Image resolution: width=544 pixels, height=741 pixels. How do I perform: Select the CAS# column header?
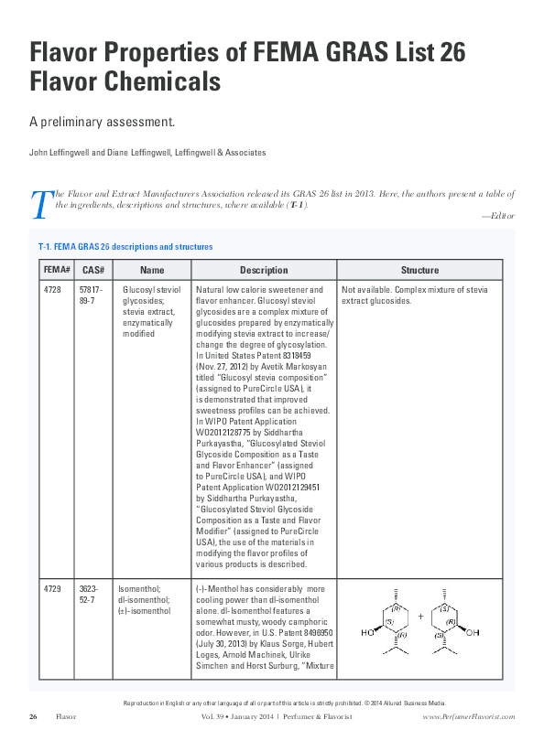[x=92, y=270]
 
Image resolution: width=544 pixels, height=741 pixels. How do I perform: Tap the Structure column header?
[x=419, y=270]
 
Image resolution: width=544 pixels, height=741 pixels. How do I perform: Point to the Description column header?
[x=264, y=270]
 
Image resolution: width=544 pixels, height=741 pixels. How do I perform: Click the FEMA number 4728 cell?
[x=53, y=289]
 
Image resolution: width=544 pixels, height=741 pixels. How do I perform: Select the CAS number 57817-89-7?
[x=93, y=295]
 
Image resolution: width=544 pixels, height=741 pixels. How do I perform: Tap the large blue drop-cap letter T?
[x=39, y=204]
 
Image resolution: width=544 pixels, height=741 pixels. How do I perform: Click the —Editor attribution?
[x=497, y=216]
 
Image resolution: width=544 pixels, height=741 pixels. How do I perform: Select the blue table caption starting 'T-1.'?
[x=125, y=247]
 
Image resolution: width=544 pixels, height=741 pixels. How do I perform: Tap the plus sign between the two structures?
[x=420, y=616]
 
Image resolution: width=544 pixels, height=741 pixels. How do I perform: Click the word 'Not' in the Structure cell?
[x=348, y=289]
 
